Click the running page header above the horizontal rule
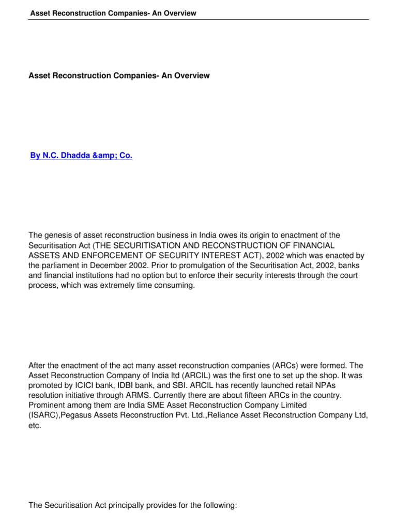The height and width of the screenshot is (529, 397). click(113, 13)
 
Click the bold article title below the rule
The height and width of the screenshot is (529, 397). click(119, 75)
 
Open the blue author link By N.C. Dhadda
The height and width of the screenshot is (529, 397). click(81, 155)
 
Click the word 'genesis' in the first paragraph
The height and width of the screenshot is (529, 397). click(57, 236)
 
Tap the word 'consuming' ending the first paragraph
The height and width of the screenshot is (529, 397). click(177, 285)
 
